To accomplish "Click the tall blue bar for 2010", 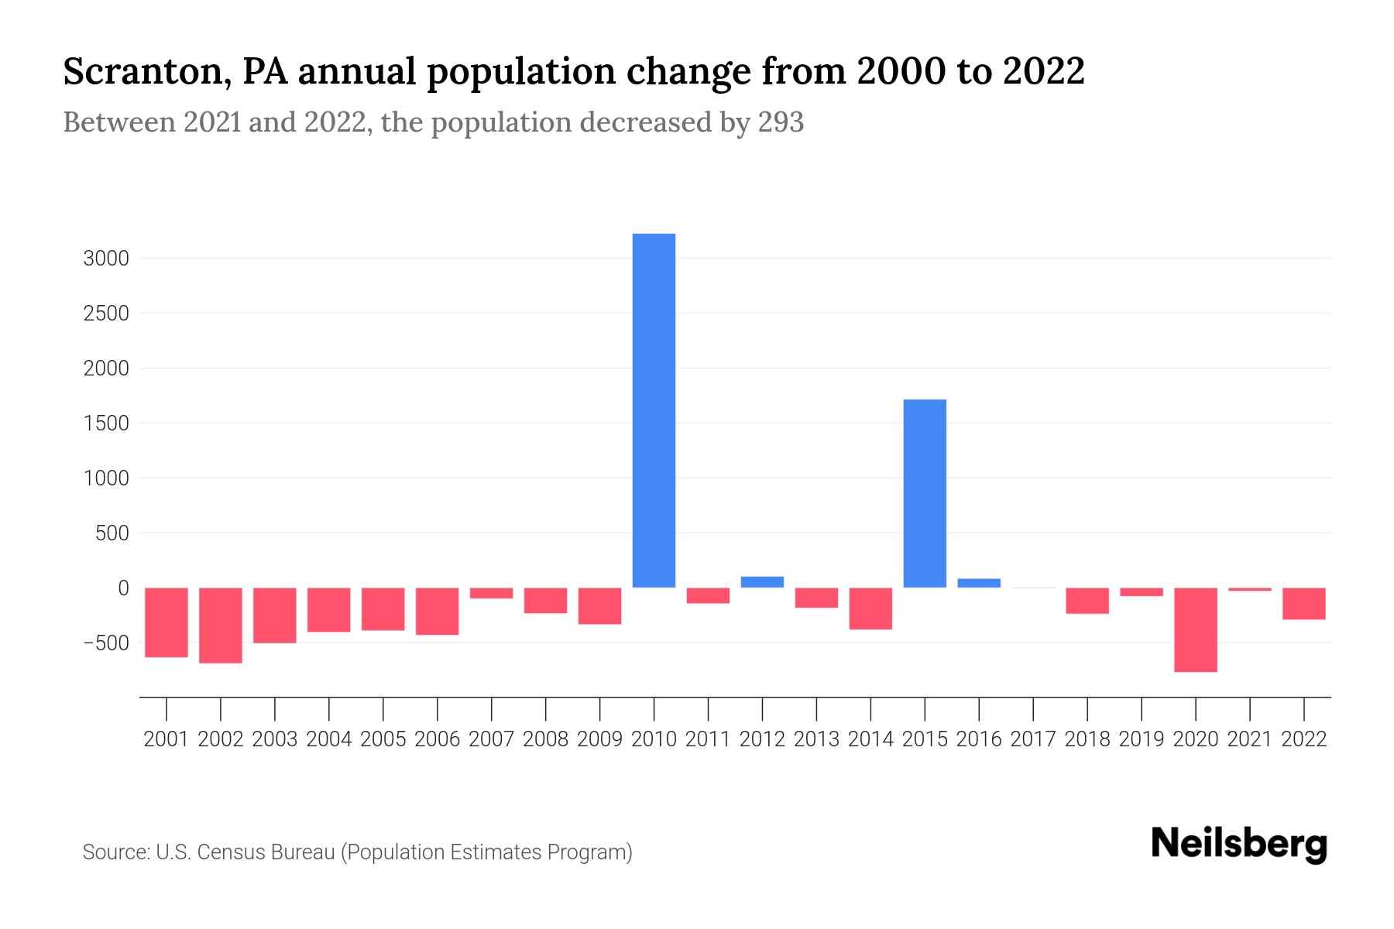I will point(654,410).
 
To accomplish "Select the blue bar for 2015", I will point(925,493).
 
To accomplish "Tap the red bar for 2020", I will point(1195,629).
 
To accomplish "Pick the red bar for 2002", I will point(221,625).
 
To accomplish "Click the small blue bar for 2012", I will point(762,582).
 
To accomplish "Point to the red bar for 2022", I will point(1303,603).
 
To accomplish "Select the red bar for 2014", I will point(870,608).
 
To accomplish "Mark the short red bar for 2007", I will point(491,593).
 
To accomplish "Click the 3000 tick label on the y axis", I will point(105,259).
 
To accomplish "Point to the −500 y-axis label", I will point(105,643).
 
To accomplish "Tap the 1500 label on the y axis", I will point(105,423).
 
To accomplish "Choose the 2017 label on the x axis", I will point(1032,739).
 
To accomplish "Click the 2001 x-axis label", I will point(167,739).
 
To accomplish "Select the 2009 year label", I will point(599,739).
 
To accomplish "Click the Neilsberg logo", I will point(1238,844).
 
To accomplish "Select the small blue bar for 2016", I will point(979,583).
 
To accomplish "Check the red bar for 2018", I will point(1087,601).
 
